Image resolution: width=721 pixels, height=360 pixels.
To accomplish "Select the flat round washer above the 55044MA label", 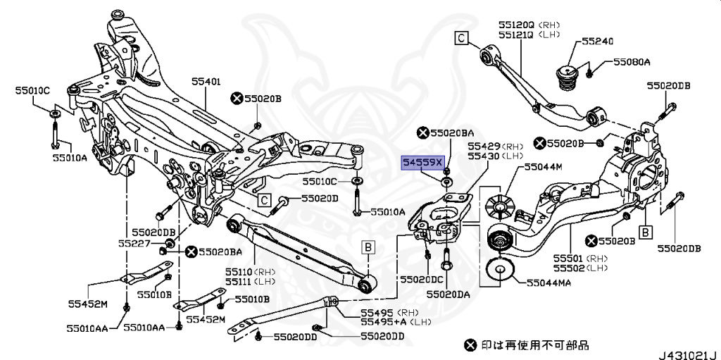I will [499, 270].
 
